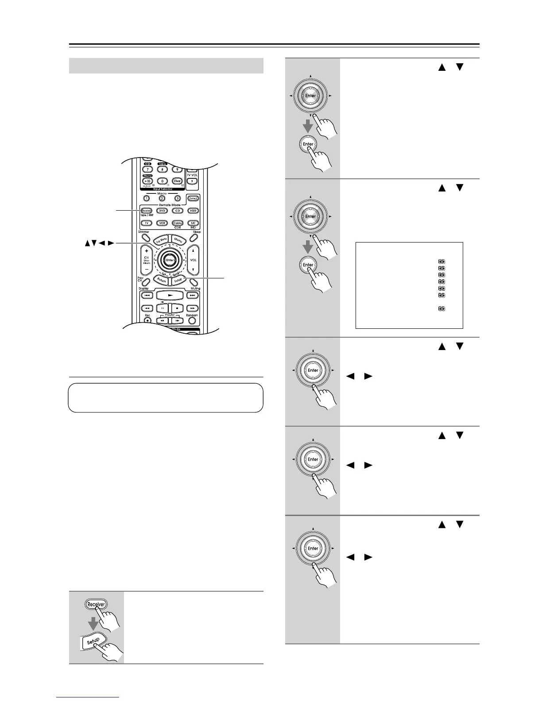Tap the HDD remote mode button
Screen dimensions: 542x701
point(193,211)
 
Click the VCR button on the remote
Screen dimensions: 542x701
point(163,223)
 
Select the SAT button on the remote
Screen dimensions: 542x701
point(193,223)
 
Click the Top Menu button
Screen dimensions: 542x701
point(161,240)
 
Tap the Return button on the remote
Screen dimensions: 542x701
point(161,280)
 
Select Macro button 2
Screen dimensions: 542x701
point(163,198)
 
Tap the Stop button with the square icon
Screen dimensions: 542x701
point(177,308)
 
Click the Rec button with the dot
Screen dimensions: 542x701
point(147,320)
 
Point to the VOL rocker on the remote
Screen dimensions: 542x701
point(193,260)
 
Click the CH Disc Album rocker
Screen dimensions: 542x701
point(147,260)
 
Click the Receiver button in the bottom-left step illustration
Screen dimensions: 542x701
point(96,605)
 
